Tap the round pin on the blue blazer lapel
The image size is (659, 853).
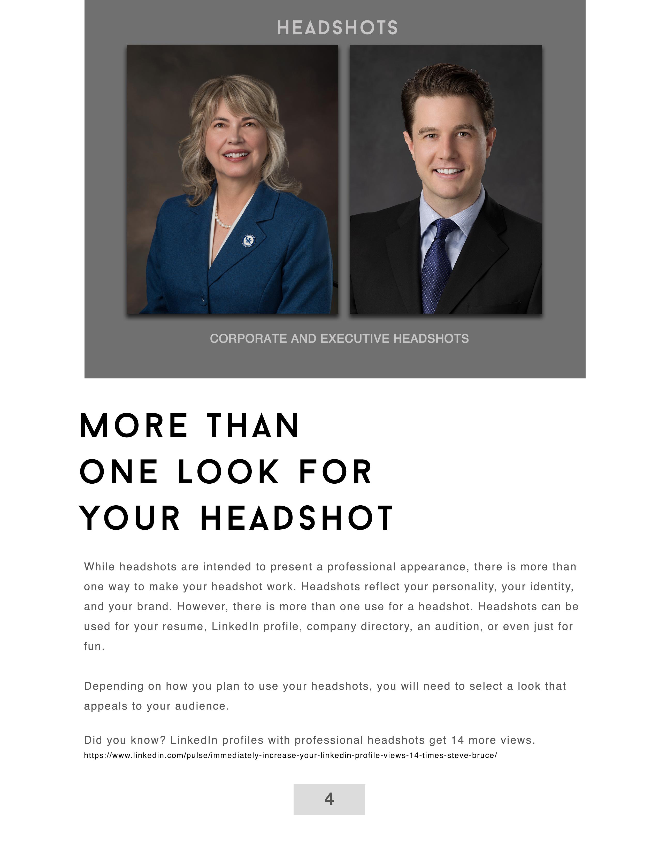click(x=248, y=240)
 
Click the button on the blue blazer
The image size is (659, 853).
click(x=202, y=300)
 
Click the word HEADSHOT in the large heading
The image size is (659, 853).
click(x=297, y=518)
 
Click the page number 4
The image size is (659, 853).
click(x=329, y=799)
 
